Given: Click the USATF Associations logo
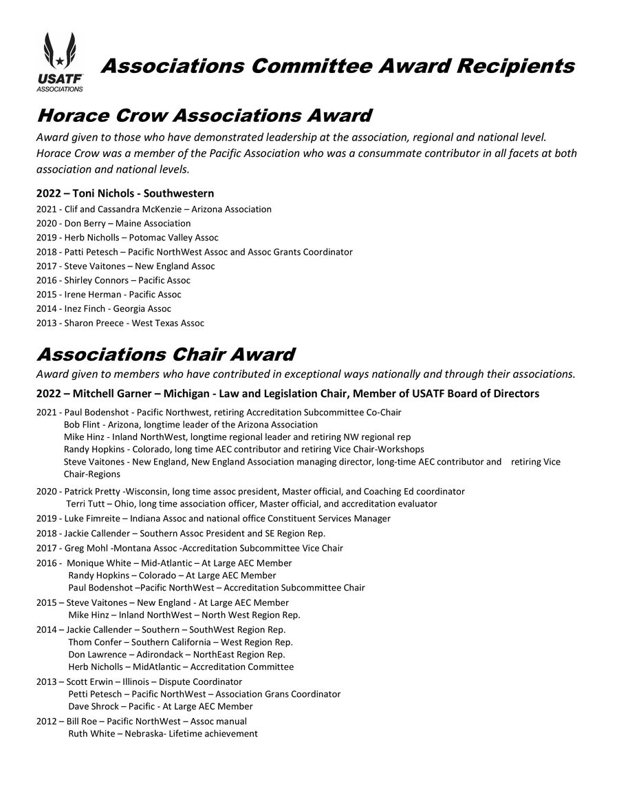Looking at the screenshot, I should coord(60,62).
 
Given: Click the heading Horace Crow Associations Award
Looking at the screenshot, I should coord(204,115).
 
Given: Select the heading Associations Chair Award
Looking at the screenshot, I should coord(165,355).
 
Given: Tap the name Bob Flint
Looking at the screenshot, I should coord(83,425).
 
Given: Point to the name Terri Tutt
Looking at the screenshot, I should coord(87,504).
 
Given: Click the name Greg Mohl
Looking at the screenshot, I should coord(85,548).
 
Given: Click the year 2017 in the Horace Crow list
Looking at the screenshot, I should coord(46,266).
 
